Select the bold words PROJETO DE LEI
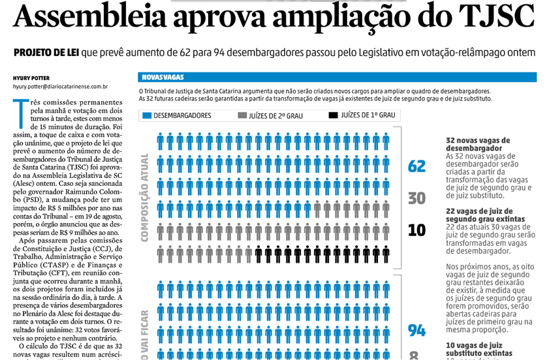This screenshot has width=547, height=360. [44, 52]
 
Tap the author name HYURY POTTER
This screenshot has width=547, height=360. [31, 78]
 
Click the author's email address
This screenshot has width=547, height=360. [60, 86]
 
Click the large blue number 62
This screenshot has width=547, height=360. [416, 166]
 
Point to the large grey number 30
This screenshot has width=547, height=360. [416, 198]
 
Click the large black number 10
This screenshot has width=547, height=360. [416, 230]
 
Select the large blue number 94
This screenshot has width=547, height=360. [416, 330]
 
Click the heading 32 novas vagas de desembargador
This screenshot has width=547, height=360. [477, 144]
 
